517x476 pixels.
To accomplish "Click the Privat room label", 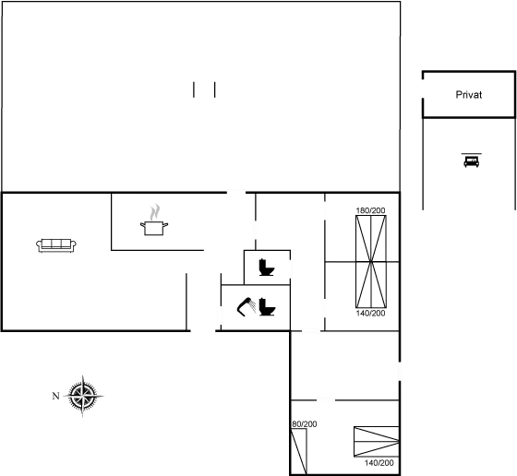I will (468, 95).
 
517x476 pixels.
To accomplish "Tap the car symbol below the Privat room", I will (470, 161).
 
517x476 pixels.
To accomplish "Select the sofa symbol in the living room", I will (55, 244).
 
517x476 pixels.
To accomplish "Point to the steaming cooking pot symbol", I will (152, 219).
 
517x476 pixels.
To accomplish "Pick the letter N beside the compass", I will (55, 396).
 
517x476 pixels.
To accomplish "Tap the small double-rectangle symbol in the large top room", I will (205, 89).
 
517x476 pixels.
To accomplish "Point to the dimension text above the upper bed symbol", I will (370, 211).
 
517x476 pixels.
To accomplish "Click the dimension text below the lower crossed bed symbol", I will (370, 314).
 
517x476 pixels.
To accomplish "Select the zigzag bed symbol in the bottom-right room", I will (375, 443).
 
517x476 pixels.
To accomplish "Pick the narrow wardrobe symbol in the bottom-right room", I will (298, 449).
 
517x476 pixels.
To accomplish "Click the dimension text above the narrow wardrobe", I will (304, 423).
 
